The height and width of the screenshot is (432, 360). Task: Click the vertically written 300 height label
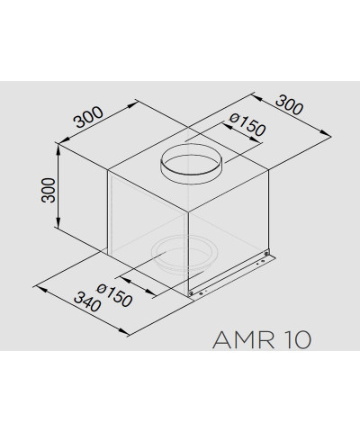pos(49,190)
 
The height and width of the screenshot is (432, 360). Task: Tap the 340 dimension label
pos(87,301)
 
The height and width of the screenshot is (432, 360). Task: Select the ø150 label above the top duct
pos(247,125)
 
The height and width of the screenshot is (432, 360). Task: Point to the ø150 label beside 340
pos(114,295)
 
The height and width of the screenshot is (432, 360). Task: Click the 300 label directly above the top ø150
pos(290,105)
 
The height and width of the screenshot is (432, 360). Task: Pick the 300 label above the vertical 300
pos(88,117)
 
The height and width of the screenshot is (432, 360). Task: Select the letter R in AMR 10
pos(266,339)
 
